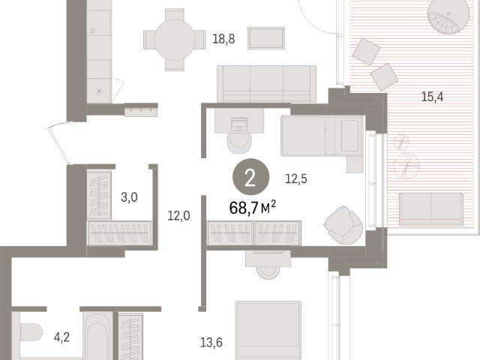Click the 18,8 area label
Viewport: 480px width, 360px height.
click(223, 39)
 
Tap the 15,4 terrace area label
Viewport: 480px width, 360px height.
click(432, 97)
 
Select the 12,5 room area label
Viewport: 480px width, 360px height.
click(296, 178)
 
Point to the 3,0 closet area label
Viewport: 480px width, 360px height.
click(129, 197)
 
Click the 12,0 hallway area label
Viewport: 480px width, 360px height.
click(178, 216)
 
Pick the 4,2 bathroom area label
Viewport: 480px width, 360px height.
click(61, 337)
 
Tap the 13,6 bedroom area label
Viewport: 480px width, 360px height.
click(211, 342)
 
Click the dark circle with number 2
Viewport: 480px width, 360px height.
click(250, 177)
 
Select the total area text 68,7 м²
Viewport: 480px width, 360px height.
click(253, 208)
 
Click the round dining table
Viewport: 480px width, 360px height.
click(175, 40)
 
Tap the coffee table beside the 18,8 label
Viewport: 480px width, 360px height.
click(266, 38)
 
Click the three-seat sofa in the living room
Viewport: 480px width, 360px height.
click(267, 84)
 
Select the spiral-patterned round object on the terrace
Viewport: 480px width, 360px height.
click(448, 16)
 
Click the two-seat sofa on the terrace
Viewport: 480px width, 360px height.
click(431, 210)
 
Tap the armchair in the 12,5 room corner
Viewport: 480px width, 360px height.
click(344, 225)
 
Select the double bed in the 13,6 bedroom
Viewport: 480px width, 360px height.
click(268, 331)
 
